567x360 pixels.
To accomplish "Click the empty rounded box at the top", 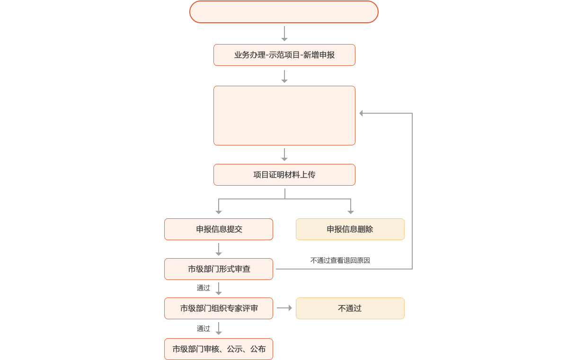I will [x=284, y=12].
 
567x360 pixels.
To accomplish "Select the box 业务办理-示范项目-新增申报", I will [x=284, y=55].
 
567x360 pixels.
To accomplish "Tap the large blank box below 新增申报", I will [x=284, y=116].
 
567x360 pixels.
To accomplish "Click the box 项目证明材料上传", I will [x=284, y=175].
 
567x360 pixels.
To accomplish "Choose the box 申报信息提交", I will [x=219, y=229].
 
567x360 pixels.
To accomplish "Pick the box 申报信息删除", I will [x=350, y=229].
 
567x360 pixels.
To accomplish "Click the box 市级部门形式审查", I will [x=219, y=269].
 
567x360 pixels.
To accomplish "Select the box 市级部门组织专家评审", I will [x=219, y=308].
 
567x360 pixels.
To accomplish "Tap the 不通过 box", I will [x=350, y=308].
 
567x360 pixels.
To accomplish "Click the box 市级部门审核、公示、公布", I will [x=219, y=349].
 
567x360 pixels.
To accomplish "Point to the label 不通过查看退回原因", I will [x=340, y=260].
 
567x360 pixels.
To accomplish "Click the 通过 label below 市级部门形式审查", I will [x=204, y=288].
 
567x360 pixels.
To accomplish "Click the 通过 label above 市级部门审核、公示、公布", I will [x=204, y=328].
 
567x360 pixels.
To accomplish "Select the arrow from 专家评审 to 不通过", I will [x=284, y=308].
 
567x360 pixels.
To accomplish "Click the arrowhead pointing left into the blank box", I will [x=362, y=113].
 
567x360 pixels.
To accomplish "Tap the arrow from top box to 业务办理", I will [x=284, y=34].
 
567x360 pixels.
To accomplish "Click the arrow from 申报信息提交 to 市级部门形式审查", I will [x=219, y=250].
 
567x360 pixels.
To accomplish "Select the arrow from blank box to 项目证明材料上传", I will [x=284, y=155].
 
